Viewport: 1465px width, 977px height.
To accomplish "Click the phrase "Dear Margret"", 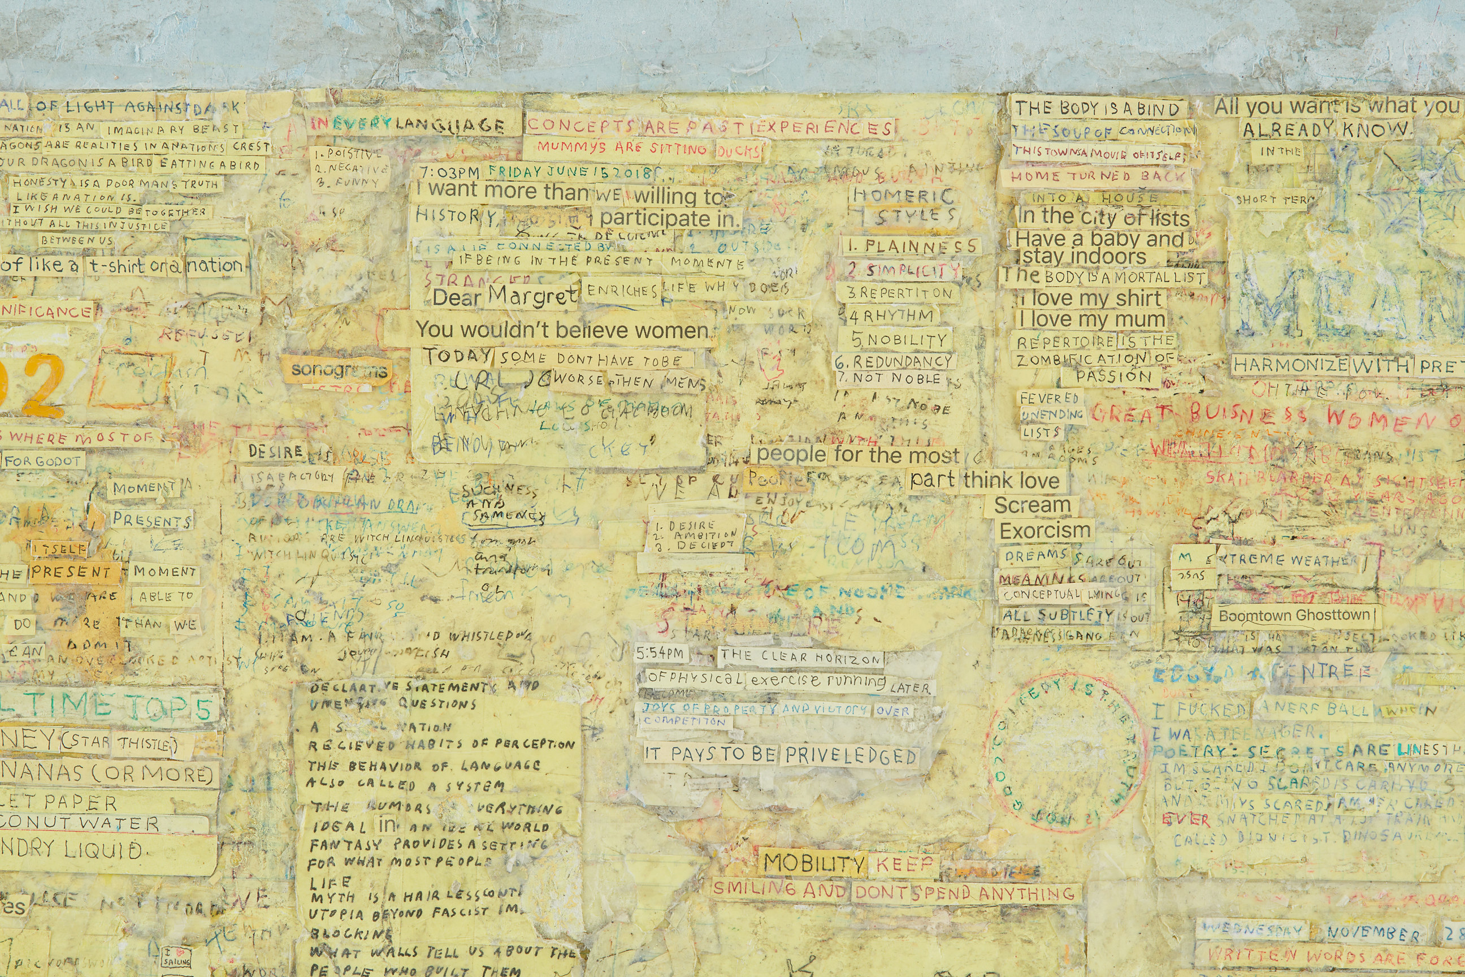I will pos(505,297).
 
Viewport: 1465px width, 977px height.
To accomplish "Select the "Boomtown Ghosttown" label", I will pos(1294,616).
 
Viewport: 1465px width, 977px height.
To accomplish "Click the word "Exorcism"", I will pos(1044,531).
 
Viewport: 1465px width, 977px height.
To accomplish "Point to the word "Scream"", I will pos(1031,505).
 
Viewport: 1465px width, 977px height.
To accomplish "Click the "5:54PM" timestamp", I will pos(660,654).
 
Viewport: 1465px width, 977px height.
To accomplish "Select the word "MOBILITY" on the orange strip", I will pos(813,863).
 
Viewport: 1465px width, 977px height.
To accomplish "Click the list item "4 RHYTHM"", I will pos(891,317).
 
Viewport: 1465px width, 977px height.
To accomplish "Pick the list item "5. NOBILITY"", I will pos(899,340).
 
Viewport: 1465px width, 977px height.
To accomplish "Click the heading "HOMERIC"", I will pos(903,195).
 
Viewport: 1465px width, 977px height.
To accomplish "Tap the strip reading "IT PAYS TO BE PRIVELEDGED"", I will pos(781,755).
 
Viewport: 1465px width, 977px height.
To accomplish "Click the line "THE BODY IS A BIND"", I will pos(1097,109).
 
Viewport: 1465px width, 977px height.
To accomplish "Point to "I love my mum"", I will pos(1091,319).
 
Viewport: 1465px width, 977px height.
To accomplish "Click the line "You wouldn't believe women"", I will pos(562,330).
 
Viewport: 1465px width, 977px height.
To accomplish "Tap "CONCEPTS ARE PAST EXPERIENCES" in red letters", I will pos(709,127).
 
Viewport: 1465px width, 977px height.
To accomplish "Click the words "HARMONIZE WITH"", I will pos(1321,365).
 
